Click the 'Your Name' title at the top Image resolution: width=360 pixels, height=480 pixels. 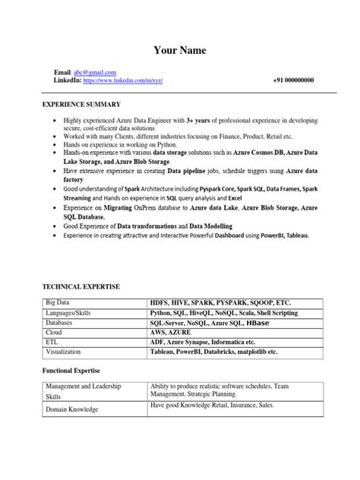(180, 50)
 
